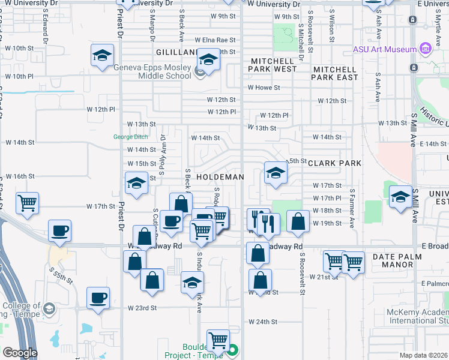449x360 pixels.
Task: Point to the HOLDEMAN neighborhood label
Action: click(220, 177)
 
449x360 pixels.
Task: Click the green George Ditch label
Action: click(131, 137)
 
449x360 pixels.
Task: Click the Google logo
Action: click(20, 353)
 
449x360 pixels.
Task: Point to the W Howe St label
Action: click(264, 88)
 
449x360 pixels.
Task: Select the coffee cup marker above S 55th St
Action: click(60, 231)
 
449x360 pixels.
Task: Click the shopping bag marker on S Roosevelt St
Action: click(297, 221)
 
